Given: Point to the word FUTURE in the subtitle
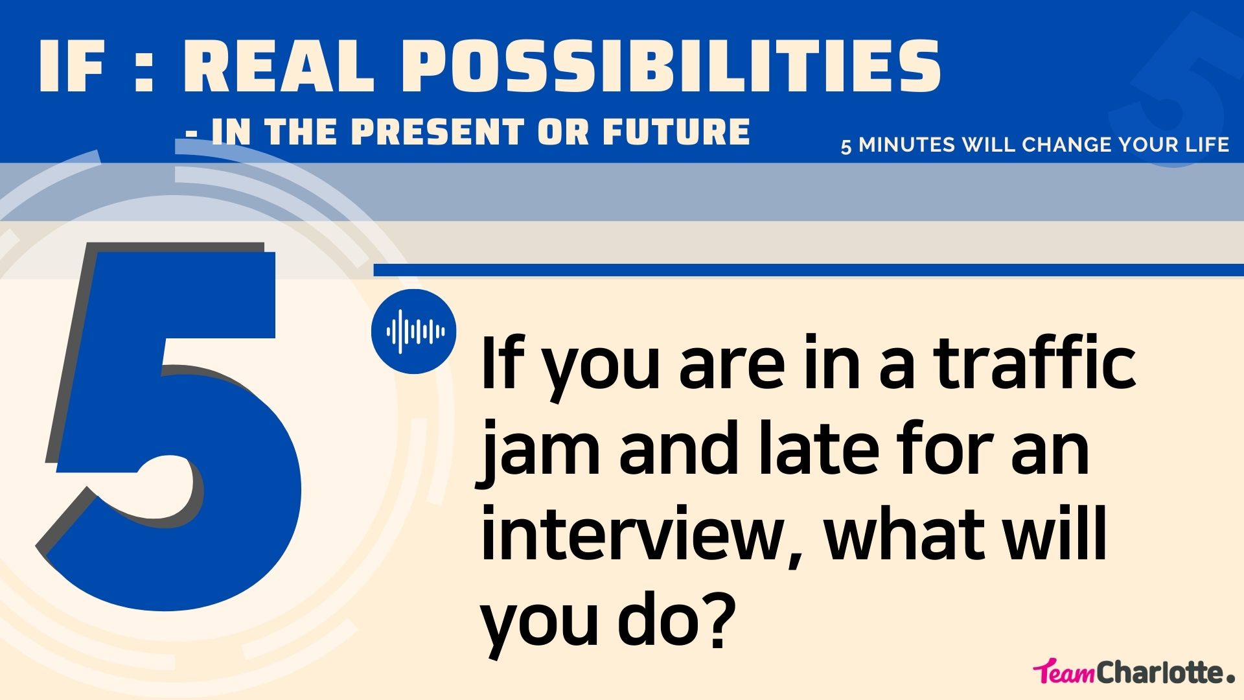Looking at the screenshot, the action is click(x=676, y=132).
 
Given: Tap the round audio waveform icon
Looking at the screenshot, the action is click(x=413, y=331).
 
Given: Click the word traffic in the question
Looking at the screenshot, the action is click(x=1035, y=363).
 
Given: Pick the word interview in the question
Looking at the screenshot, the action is click(x=632, y=535).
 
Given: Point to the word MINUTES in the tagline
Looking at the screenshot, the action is click(x=907, y=145).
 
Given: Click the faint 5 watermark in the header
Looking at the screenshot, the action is click(x=1173, y=91).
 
